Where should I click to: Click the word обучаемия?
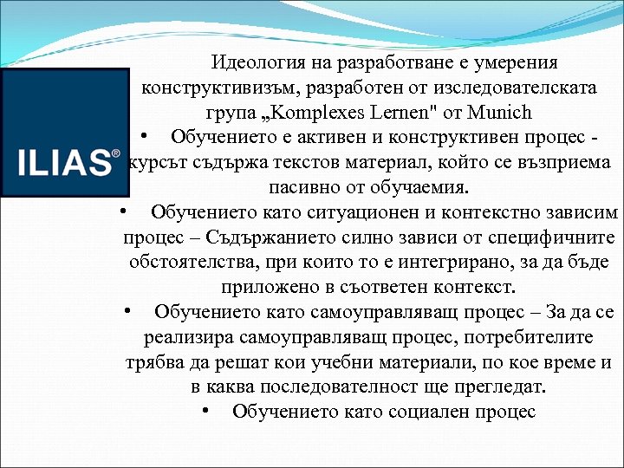[x=421, y=187]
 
